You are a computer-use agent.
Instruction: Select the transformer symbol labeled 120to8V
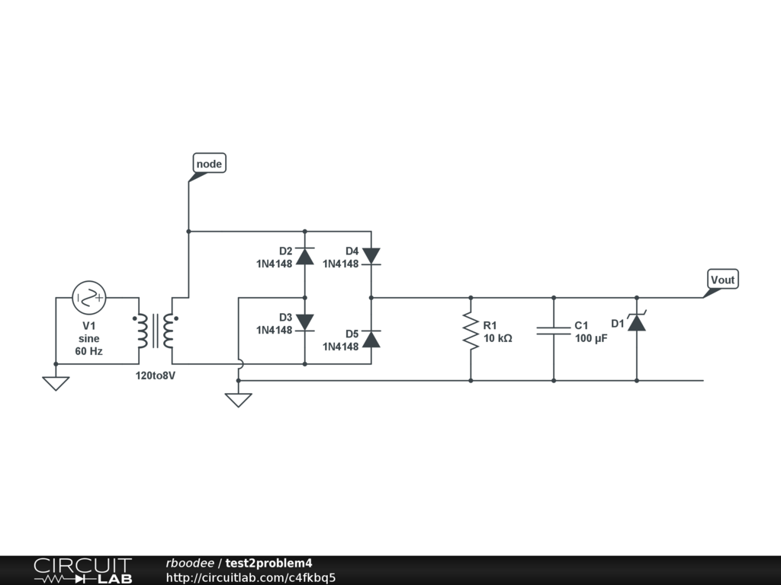[156, 331]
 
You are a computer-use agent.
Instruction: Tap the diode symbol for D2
[305, 255]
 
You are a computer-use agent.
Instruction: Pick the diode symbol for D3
[305, 322]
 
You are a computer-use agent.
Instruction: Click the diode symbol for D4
[371, 255]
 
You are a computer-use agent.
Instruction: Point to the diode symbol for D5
[371, 339]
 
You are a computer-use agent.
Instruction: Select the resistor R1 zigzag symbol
[471, 333]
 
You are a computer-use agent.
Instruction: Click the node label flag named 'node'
[208, 164]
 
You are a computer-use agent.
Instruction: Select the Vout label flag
[722, 280]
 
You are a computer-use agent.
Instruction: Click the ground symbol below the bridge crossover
[239, 399]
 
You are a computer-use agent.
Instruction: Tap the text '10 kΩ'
[498, 337]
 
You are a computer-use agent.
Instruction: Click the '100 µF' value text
[591, 337]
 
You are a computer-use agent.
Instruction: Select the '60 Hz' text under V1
[88, 351]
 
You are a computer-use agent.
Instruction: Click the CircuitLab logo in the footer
[82, 570]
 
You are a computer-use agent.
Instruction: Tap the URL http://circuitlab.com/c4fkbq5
[251, 577]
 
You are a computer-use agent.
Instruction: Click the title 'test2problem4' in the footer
[268, 563]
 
